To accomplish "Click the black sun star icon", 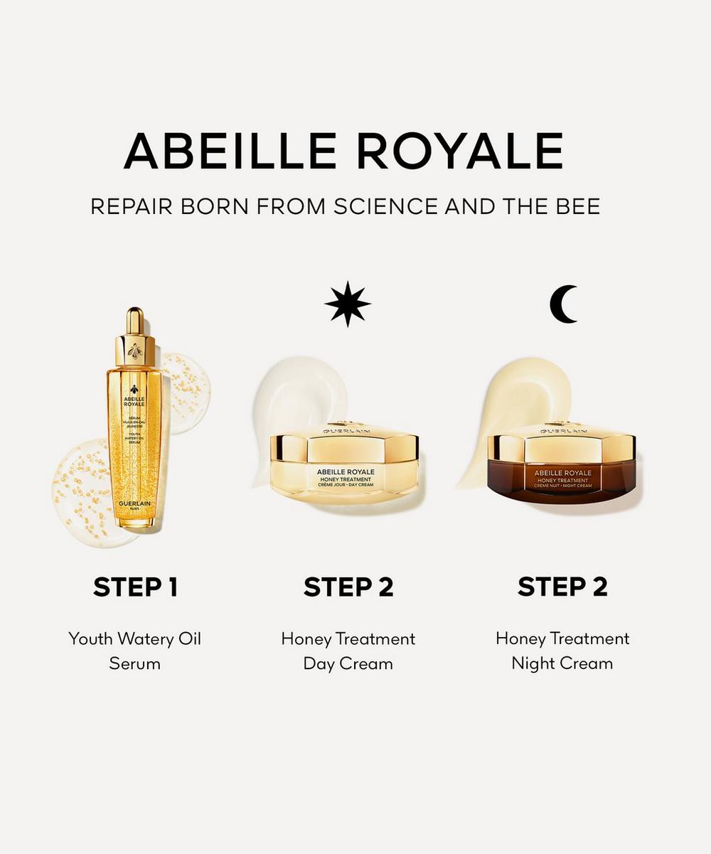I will [x=348, y=304].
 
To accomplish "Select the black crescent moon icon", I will [x=563, y=304].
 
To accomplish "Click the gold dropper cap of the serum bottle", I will [x=135, y=334].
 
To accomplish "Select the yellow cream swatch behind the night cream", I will [x=512, y=398].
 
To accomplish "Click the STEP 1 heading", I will [x=135, y=587].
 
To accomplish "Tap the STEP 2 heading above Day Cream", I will [x=348, y=587].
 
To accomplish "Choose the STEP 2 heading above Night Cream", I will [x=562, y=587].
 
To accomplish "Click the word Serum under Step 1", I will [x=135, y=663].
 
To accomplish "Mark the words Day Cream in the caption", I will [x=348, y=663].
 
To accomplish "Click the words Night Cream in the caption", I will [x=562, y=663].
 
